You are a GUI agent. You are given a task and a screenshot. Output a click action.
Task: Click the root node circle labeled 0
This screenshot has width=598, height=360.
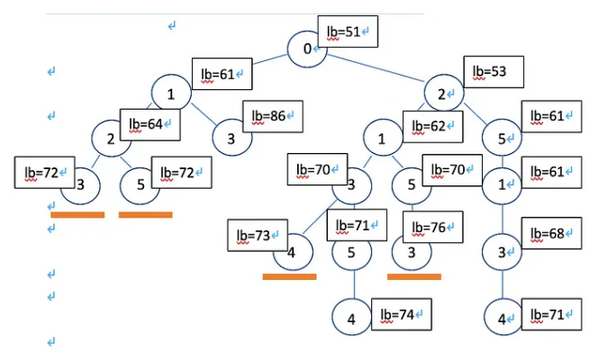307,48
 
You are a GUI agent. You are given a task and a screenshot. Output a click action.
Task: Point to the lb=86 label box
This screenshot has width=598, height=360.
273,117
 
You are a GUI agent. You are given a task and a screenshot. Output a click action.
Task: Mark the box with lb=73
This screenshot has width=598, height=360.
255,236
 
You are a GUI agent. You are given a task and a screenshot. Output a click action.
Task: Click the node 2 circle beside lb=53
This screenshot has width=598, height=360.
441,94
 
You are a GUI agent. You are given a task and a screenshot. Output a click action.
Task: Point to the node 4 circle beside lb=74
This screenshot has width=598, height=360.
352,319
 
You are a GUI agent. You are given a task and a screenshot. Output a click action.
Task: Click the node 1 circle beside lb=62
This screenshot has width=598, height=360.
382,139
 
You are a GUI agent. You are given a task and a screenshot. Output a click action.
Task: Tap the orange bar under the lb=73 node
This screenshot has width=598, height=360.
289,276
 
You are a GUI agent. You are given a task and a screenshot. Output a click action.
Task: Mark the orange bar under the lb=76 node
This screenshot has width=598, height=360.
414,276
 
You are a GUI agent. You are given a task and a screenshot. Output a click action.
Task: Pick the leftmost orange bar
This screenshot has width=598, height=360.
77,214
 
